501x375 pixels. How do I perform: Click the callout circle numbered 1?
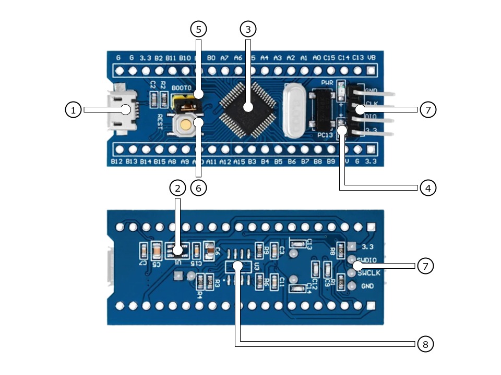[x=73, y=110]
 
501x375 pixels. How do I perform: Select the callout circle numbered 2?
[x=177, y=188]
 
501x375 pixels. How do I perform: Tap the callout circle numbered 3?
[x=248, y=29]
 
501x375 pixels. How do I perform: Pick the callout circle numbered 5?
[x=198, y=29]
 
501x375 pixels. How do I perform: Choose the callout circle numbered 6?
[x=198, y=188]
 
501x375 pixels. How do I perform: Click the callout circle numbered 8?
[x=425, y=344]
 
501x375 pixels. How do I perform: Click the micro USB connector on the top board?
[x=121, y=110]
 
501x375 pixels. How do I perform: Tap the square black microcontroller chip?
[x=248, y=107]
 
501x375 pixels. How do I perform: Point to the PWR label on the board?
[x=327, y=83]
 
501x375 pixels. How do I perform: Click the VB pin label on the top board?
[x=372, y=58]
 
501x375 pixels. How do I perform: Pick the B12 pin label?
[x=117, y=162]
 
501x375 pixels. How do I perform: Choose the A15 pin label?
[x=239, y=162]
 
